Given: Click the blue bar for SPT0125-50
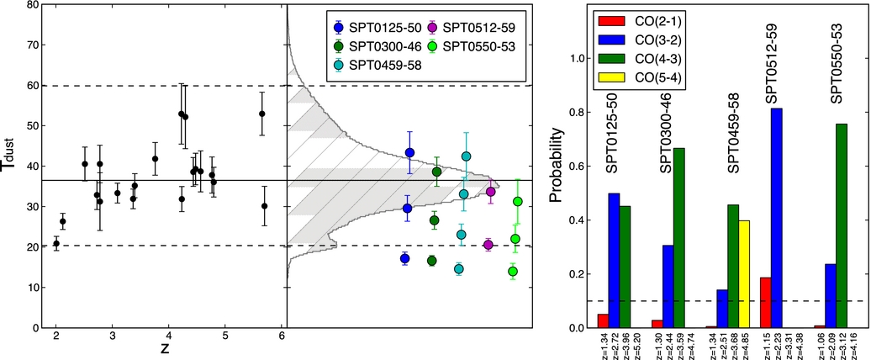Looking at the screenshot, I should pos(614,261).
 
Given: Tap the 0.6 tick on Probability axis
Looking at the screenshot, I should pos(581,166).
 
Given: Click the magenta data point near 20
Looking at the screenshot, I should pos(488,245).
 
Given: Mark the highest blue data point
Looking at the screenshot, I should pos(409,152).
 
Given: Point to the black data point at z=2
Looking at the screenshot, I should pos(56,243).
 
